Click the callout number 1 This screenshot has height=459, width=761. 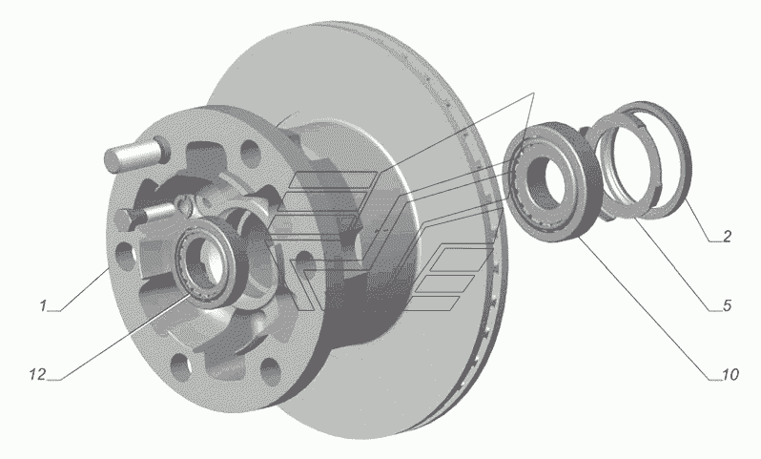click(43, 305)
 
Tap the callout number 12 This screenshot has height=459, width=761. click(37, 374)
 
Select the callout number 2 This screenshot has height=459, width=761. click(727, 236)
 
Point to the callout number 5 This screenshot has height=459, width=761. click(727, 305)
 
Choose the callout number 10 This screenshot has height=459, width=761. click(730, 374)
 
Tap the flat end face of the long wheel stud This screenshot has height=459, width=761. click(113, 160)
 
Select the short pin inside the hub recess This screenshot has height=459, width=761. click(147, 214)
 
